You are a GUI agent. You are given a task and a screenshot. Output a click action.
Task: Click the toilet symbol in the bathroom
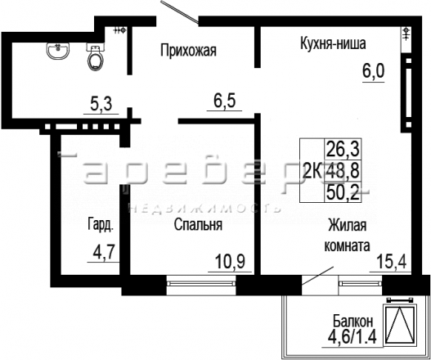click(x=96, y=57)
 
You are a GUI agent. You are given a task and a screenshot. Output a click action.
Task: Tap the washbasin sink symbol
click(x=58, y=51)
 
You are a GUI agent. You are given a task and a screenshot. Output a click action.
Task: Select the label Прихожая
click(x=189, y=51)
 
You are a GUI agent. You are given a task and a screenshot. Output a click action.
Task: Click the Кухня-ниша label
click(x=333, y=43)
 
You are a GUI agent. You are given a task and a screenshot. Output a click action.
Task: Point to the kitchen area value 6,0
click(x=373, y=72)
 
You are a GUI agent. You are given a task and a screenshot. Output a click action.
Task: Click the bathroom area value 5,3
click(x=101, y=105)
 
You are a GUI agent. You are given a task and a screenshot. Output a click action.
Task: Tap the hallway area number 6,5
click(x=225, y=101)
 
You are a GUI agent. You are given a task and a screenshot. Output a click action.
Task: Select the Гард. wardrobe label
click(x=101, y=225)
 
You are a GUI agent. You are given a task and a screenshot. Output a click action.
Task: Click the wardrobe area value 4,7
click(x=103, y=253)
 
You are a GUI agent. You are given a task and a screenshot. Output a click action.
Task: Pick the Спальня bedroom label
click(x=198, y=224)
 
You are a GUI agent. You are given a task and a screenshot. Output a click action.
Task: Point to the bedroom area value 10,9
click(x=230, y=261)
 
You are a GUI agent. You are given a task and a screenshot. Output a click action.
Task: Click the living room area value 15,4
click(x=392, y=261)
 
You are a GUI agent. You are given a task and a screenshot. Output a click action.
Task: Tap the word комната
click(x=347, y=245)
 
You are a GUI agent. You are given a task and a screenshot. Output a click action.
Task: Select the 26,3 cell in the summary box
click(x=343, y=149)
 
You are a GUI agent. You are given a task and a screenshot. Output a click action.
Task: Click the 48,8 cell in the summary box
click(x=343, y=170)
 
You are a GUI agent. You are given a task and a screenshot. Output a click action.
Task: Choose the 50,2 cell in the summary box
click(x=343, y=192)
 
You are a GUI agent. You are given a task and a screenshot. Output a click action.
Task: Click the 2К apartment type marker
click(x=312, y=170)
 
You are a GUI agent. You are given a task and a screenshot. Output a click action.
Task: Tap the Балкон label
click(x=353, y=321)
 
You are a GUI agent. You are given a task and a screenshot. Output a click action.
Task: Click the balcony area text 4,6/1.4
click(x=352, y=336)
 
